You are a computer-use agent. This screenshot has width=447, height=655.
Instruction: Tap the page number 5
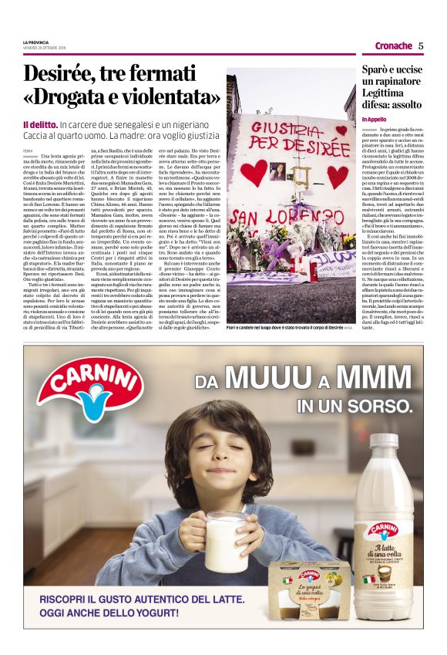click(x=421, y=46)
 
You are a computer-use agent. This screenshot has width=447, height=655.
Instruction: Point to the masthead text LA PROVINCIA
click(x=35, y=42)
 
